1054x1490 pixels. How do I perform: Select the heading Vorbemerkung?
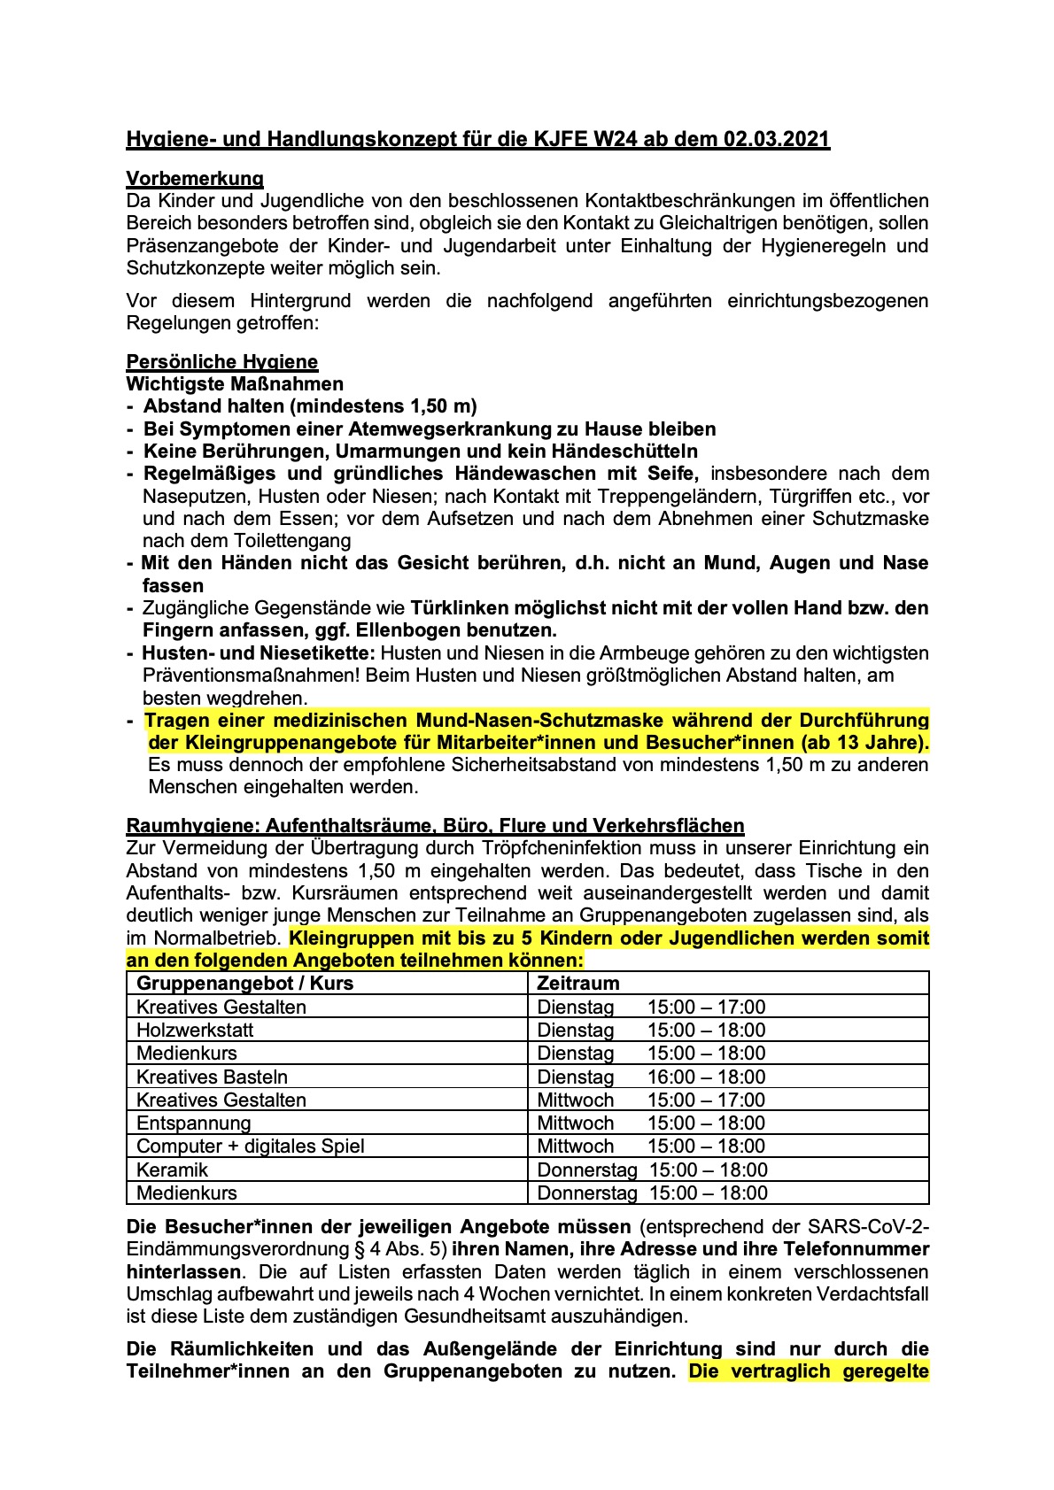(x=195, y=179)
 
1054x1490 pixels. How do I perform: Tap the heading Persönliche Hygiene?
(x=221, y=361)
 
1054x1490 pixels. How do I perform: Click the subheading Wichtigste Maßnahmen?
(x=235, y=384)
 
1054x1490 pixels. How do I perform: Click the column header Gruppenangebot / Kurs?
(x=244, y=984)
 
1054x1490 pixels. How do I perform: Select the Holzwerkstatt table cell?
(x=195, y=1031)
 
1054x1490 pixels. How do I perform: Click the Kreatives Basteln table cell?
(x=212, y=1077)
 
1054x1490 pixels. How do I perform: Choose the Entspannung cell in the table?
(x=194, y=1123)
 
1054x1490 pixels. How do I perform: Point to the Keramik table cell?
(x=172, y=1170)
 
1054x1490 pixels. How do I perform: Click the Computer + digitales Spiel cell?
(x=251, y=1146)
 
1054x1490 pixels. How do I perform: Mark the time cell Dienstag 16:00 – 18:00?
(x=651, y=1077)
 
